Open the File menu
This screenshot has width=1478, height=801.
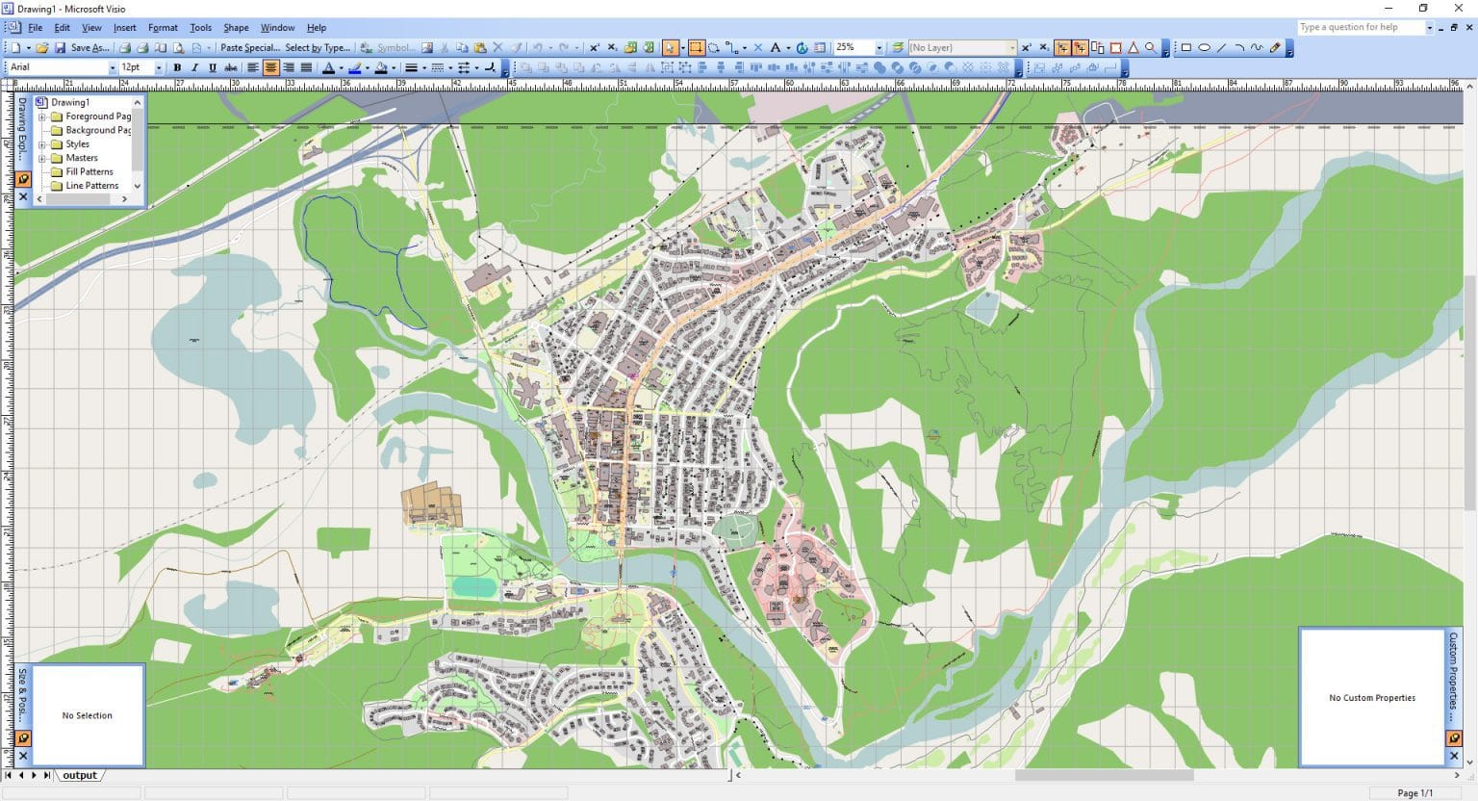(35, 28)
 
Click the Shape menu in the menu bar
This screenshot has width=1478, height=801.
(236, 28)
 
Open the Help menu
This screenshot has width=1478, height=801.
(316, 28)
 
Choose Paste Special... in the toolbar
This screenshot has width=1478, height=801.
(249, 47)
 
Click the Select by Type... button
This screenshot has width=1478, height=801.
(318, 47)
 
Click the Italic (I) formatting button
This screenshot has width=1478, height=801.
(194, 67)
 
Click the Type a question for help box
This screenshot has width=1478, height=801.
(1359, 27)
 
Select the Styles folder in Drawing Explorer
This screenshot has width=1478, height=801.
(77, 144)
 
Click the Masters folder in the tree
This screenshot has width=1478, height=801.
(81, 158)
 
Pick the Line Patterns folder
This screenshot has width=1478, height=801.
(91, 186)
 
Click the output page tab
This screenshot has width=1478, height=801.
(80, 775)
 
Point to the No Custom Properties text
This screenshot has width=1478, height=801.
(1371, 698)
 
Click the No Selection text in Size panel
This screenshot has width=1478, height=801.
(87, 715)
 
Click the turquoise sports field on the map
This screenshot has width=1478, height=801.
(473, 585)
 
